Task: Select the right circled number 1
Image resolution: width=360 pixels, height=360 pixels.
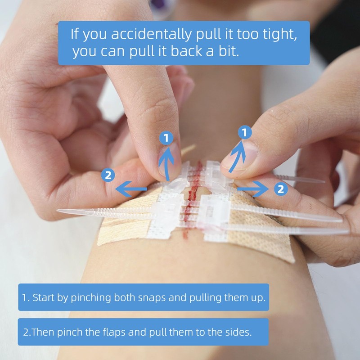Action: tap(244, 133)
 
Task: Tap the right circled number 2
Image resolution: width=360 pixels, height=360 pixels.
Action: tap(280, 189)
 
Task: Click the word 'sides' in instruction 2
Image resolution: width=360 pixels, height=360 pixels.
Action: tap(238, 333)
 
